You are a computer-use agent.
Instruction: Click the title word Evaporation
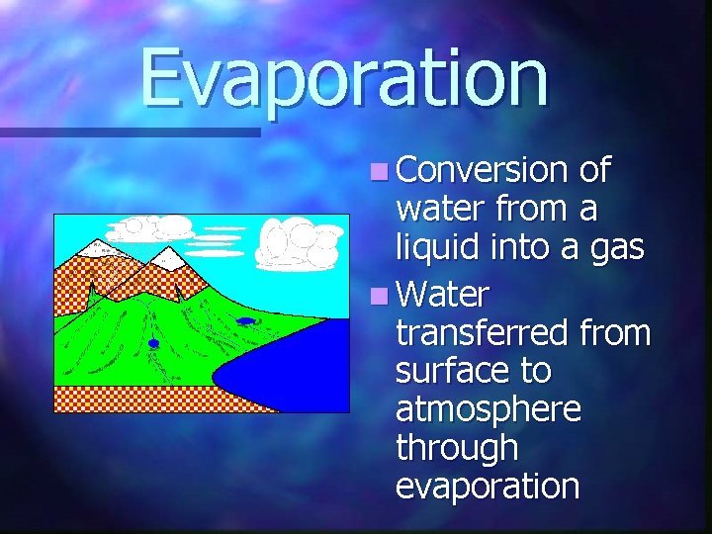343,79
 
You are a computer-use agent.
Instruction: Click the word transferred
482,333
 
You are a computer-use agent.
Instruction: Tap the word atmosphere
489,409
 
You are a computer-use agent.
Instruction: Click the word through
457,448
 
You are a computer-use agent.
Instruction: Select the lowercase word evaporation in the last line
488,486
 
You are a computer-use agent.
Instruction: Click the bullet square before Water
381,296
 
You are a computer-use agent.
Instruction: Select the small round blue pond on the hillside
153,343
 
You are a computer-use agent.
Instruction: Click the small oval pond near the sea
245,320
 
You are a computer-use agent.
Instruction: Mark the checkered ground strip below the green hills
129,400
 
